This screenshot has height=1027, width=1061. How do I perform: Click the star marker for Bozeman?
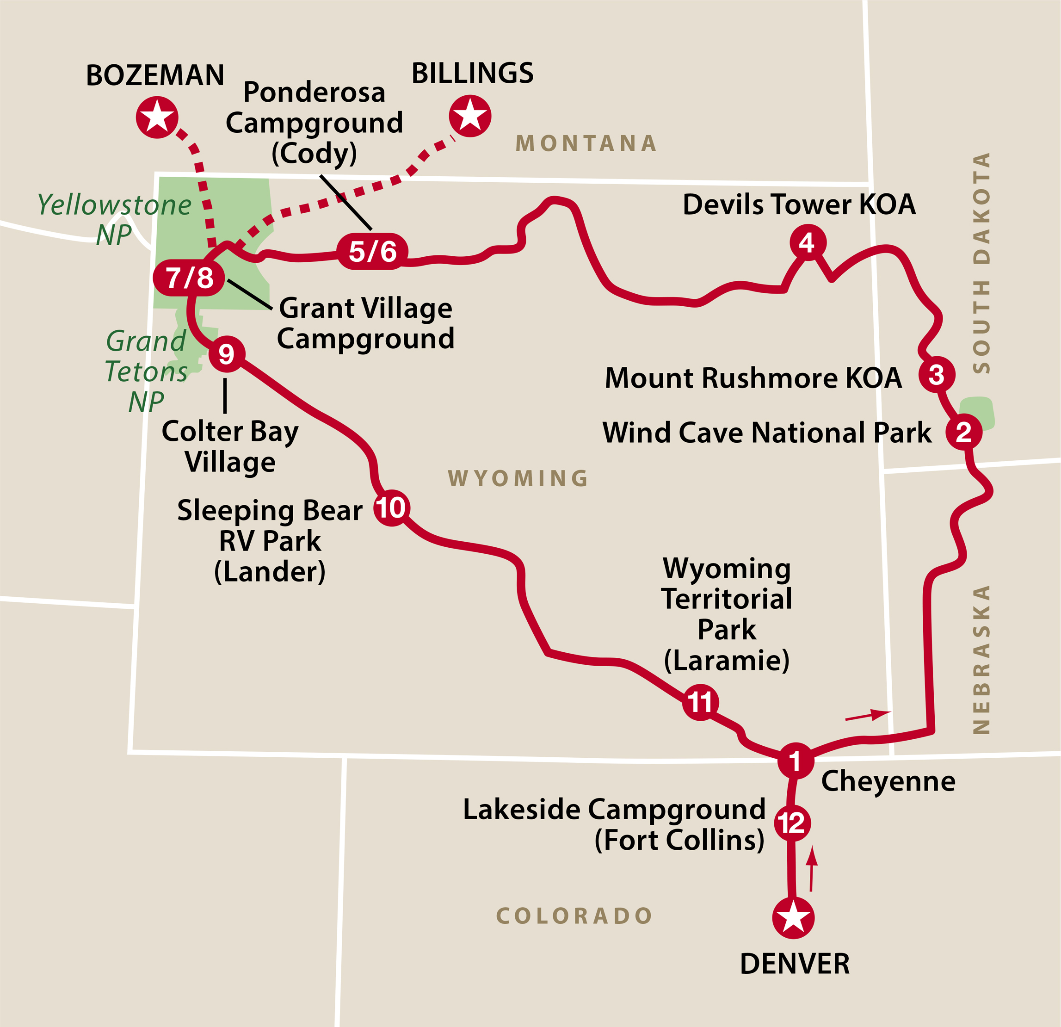point(157,117)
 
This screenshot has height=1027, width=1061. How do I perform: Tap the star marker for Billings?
point(470,115)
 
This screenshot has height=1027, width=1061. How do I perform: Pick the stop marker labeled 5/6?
point(372,251)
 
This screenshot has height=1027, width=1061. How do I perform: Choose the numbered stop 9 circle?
point(226,354)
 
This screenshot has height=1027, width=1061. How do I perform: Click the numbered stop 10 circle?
point(391,508)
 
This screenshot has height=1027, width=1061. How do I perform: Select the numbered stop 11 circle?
point(700,703)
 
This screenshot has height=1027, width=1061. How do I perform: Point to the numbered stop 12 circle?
point(792,823)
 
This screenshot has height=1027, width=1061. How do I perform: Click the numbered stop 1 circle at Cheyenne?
point(795,761)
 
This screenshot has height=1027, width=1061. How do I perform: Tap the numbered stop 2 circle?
point(963,432)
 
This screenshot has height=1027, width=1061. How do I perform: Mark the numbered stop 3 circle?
point(937,374)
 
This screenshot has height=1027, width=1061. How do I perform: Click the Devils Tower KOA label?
point(799,204)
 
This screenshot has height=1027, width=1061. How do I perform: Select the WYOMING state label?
point(518,478)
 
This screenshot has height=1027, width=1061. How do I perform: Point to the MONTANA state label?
point(586,143)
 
